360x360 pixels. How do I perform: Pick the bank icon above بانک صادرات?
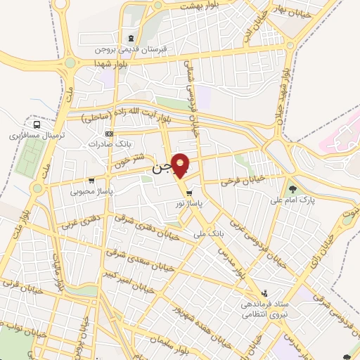point(108,134)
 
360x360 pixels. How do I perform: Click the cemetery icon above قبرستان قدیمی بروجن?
point(131,39)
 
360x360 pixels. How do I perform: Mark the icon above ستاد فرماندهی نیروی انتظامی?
point(264,292)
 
